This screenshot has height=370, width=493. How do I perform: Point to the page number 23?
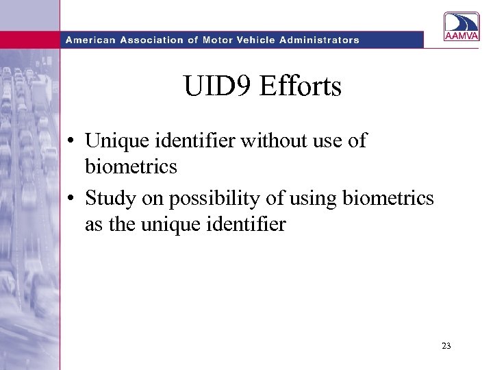click(446, 346)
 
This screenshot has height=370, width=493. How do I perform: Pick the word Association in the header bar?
click(151, 40)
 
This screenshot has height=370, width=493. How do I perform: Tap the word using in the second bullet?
click(305, 199)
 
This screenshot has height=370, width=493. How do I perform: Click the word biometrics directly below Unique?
click(131, 166)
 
